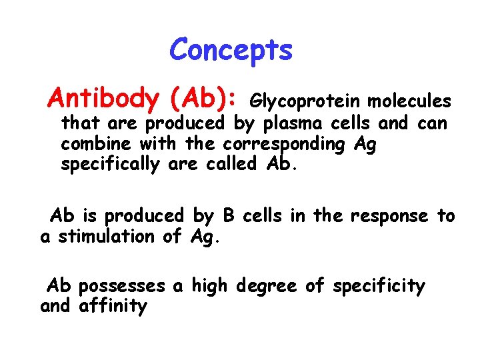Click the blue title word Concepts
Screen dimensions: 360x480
tap(231, 50)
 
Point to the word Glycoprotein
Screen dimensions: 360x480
tap(305, 102)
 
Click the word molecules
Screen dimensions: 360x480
tap(409, 101)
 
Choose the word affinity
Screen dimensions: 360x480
tap(113, 307)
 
